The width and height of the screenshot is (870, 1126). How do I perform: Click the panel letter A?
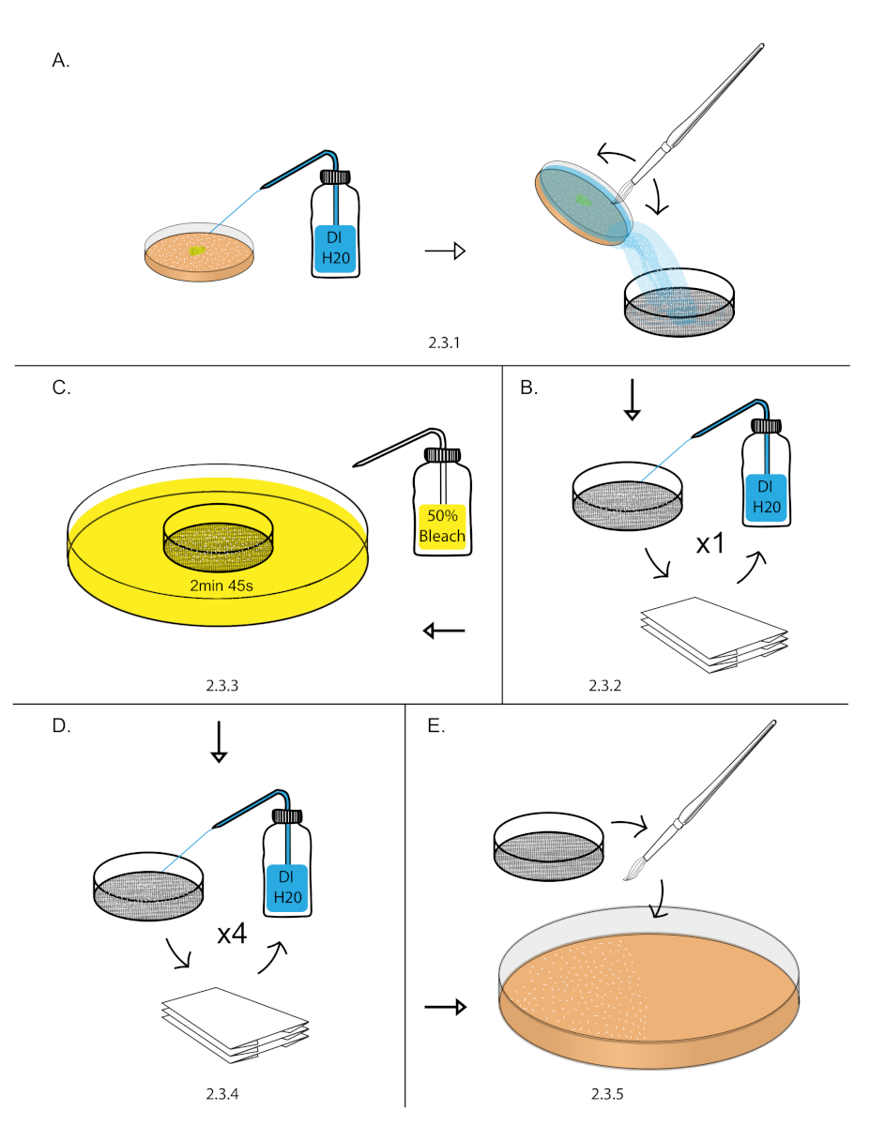[61, 61]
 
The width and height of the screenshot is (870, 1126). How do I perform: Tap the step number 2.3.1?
[444, 342]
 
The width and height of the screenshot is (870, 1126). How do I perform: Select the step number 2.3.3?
[221, 686]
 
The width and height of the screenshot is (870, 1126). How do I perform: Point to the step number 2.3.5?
[607, 1094]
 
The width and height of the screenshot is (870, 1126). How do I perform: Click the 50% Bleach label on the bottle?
[442, 526]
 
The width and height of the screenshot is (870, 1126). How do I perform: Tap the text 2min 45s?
[221, 586]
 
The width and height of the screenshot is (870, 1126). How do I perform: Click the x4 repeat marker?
[232, 934]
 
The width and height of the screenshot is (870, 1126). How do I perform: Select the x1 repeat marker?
[710, 543]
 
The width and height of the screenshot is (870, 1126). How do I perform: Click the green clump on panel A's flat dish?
[197, 251]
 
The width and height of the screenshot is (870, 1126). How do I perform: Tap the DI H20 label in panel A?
[335, 248]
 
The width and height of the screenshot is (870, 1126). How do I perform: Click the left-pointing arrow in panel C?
[444, 631]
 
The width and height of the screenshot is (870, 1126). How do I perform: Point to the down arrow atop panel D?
[219, 741]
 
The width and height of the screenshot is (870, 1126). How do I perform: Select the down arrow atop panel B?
[633, 400]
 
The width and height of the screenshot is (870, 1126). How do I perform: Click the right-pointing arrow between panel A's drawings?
[445, 251]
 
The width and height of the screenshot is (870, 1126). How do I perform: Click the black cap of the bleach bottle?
[442, 455]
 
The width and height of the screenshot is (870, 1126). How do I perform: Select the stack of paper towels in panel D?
[236, 1025]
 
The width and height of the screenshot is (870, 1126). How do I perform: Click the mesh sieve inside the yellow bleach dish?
[218, 538]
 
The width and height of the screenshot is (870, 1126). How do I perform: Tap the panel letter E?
[435, 726]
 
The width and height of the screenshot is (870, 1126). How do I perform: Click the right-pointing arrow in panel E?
[446, 1007]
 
